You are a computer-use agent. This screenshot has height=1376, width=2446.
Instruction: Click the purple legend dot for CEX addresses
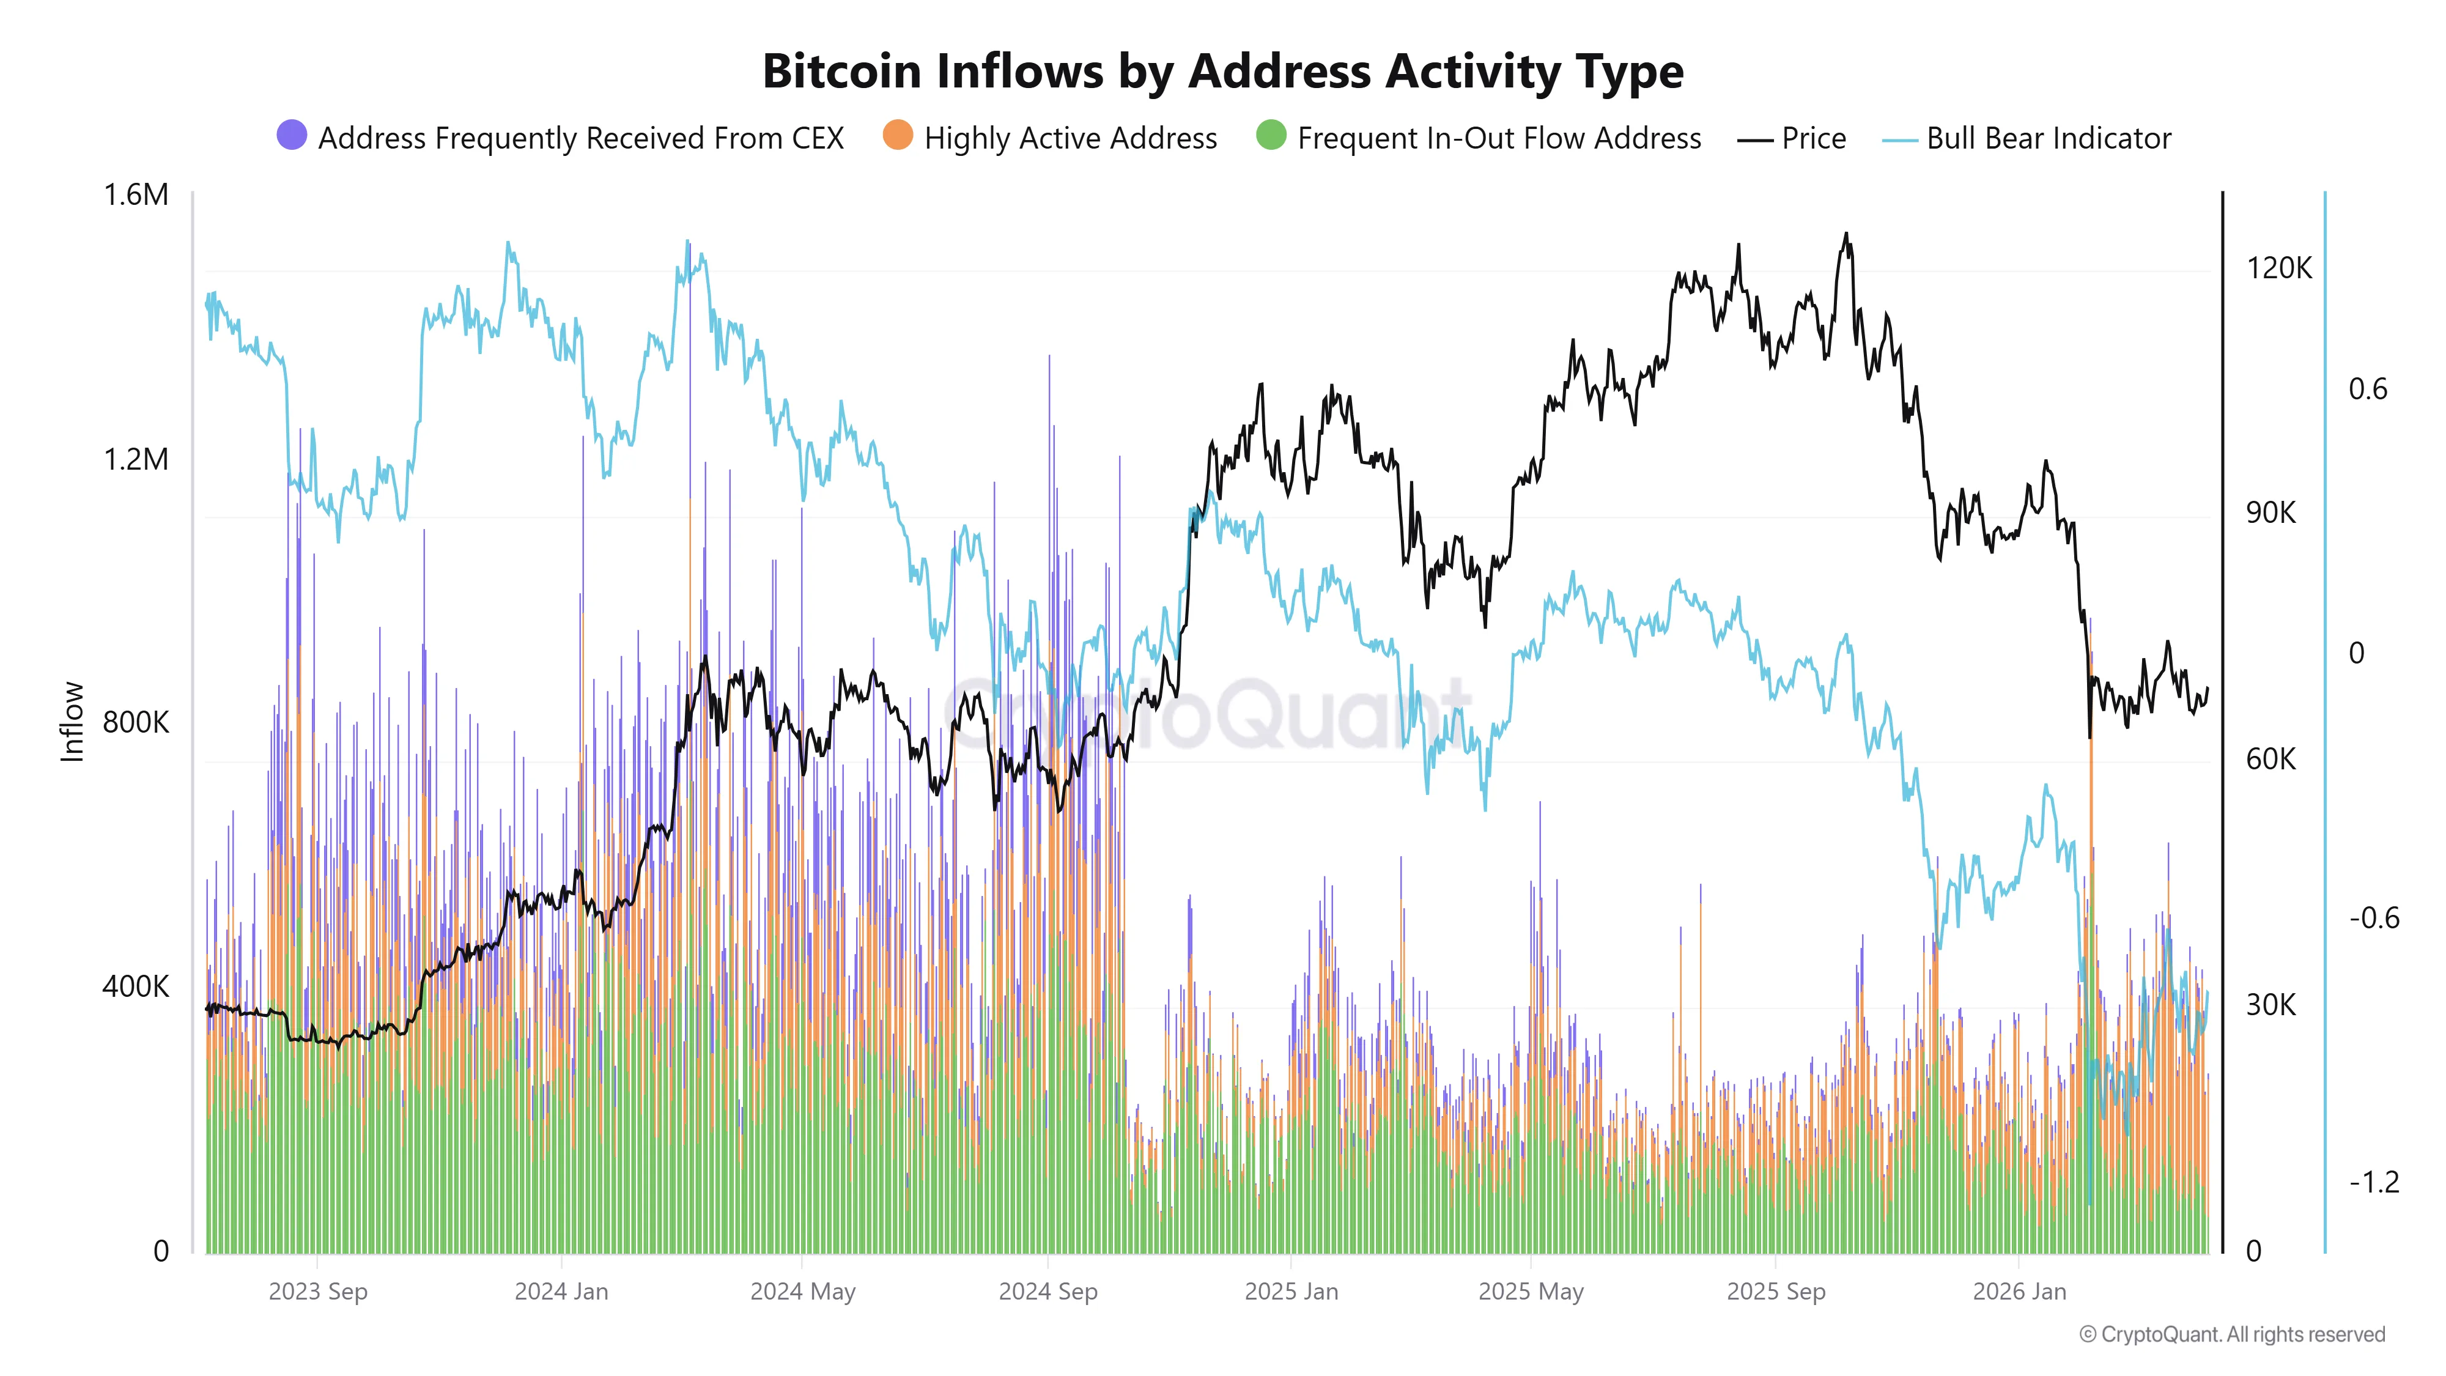(292, 136)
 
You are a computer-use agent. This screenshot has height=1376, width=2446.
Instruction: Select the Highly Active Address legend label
(1070, 139)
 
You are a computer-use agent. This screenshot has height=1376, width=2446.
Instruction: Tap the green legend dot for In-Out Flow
(1271, 136)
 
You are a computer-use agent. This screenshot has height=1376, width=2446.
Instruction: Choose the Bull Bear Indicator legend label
(2048, 139)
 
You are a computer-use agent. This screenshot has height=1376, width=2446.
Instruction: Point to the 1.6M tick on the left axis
(136, 194)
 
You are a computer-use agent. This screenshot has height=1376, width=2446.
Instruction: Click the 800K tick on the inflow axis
(136, 723)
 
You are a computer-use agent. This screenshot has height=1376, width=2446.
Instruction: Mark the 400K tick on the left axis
(136, 986)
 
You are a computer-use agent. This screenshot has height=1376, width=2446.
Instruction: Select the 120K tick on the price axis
(2278, 268)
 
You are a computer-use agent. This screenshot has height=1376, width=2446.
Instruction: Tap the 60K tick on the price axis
(2270, 759)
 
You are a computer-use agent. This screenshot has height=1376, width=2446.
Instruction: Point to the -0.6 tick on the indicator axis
(2373, 917)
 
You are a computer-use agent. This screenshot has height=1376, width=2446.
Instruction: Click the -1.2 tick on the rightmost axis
(2373, 1182)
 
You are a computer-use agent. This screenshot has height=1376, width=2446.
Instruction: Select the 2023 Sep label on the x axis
(317, 1292)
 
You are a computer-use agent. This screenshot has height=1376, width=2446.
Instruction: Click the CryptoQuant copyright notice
(2231, 1334)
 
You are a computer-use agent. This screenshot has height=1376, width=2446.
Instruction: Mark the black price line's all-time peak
(1846, 234)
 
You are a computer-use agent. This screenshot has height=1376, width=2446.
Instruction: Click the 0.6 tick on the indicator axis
(2367, 390)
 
